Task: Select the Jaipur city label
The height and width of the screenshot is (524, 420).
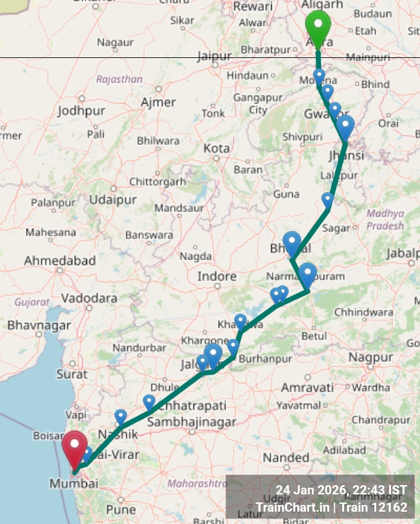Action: coord(214,56)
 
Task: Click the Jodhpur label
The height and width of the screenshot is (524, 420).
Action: coord(82,112)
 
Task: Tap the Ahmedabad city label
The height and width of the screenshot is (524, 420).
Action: coord(59,261)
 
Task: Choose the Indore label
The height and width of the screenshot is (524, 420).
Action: coord(217,277)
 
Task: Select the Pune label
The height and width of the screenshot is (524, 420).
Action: coord(121,510)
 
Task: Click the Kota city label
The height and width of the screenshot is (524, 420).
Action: coord(217,149)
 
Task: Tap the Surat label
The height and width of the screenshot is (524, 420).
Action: coord(72,374)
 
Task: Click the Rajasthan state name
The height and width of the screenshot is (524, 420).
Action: coord(119,79)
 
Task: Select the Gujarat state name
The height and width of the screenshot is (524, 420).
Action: coord(32,302)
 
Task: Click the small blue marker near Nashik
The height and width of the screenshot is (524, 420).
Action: coord(120,417)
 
